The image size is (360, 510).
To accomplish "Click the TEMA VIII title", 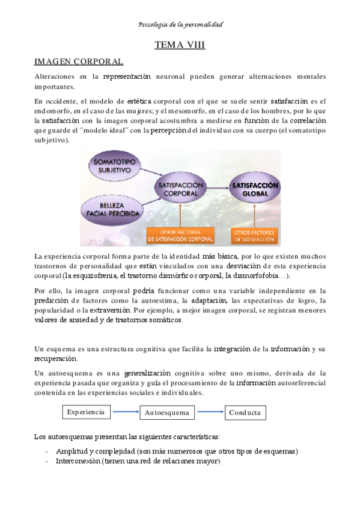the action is [180, 45].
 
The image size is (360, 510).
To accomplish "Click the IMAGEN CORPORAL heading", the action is [79, 61].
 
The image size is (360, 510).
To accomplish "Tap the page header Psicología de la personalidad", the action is [180, 25].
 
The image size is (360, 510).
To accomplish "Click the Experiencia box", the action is [87, 413].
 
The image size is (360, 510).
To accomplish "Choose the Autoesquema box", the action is [167, 413].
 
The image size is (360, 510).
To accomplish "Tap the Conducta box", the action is [245, 413].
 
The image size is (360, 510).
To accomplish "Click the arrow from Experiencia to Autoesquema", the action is [126, 413].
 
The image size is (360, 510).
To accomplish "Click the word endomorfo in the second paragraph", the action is [53, 110].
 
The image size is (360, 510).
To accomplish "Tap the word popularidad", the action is [56, 310].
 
